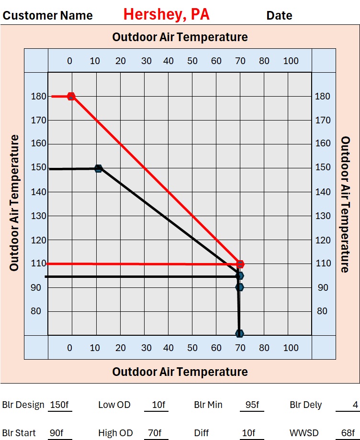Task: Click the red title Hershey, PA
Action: point(166,14)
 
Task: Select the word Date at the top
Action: point(279,15)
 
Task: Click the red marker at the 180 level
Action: point(71,96)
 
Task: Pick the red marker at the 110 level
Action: point(240,264)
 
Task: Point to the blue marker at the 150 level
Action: point(98,168)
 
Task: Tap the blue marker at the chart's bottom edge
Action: point(239,333)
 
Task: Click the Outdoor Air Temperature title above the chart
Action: point(180,37)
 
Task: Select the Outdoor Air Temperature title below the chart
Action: point(180,372)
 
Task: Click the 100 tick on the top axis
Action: point(291,61)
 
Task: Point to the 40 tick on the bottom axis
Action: point(168,348)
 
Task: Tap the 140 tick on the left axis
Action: point(39,192)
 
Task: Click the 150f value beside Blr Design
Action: point(59,405)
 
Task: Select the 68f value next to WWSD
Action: point(348,433)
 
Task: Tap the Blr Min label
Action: point(208,405)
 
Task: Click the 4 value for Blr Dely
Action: point(355,405)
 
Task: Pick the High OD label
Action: point(115,433)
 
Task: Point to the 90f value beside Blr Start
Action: point(56,433)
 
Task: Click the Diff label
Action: point(202,433)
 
